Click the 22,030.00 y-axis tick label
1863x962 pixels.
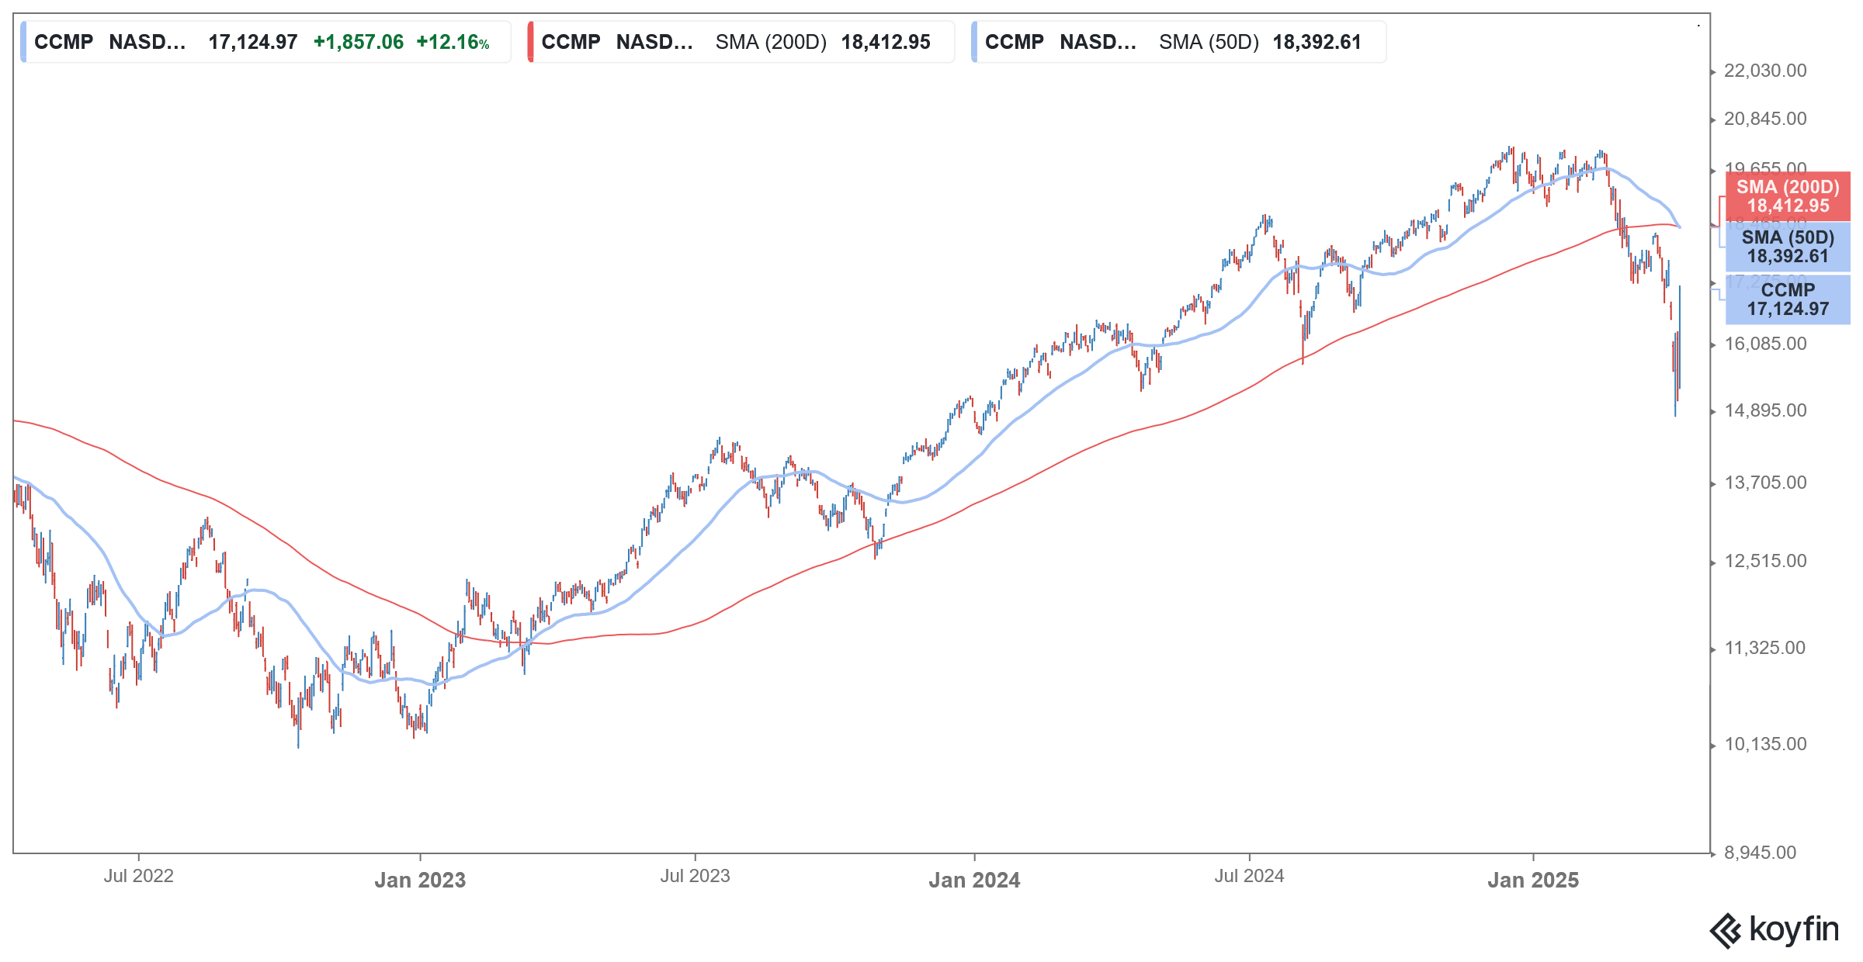(1764, 71)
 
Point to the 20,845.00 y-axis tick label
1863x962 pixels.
(1764, 119)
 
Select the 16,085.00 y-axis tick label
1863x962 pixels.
(1764, 344)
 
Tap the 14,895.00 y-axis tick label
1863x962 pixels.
(1764, 410)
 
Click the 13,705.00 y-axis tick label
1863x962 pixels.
(1764, 483)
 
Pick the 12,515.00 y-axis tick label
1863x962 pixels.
(1764, 561)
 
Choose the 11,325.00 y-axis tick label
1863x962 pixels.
(1764, 648)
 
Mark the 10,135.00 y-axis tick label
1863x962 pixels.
(1764, 744)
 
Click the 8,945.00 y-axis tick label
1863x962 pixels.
(1760, 853)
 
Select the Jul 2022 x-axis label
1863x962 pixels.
(139, 876)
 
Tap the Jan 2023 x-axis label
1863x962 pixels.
(420, 880)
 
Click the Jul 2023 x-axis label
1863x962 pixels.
(695, 876)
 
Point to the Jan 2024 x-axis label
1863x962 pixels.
(974, 880)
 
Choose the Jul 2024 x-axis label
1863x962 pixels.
(1249, 876)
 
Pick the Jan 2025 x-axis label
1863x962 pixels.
(1533, 880)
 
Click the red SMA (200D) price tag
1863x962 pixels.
(1788, 196)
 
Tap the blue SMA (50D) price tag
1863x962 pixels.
(1788, 247)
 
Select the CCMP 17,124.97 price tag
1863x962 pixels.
(1788, 299)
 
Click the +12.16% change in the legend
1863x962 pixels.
(453, 42)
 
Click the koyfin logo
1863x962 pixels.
(1775, 929)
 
